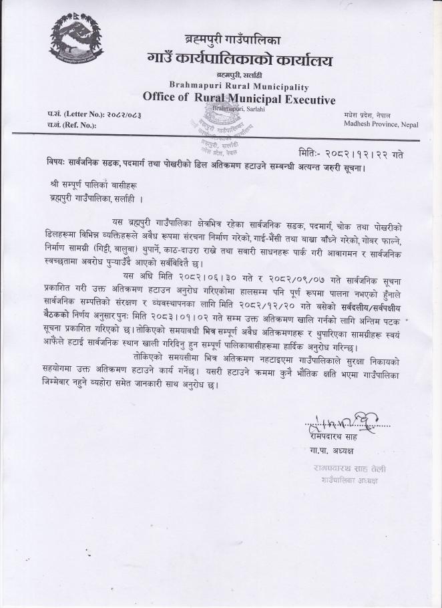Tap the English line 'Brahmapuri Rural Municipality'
tap(238, 87)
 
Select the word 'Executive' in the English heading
tap(305, 100)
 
